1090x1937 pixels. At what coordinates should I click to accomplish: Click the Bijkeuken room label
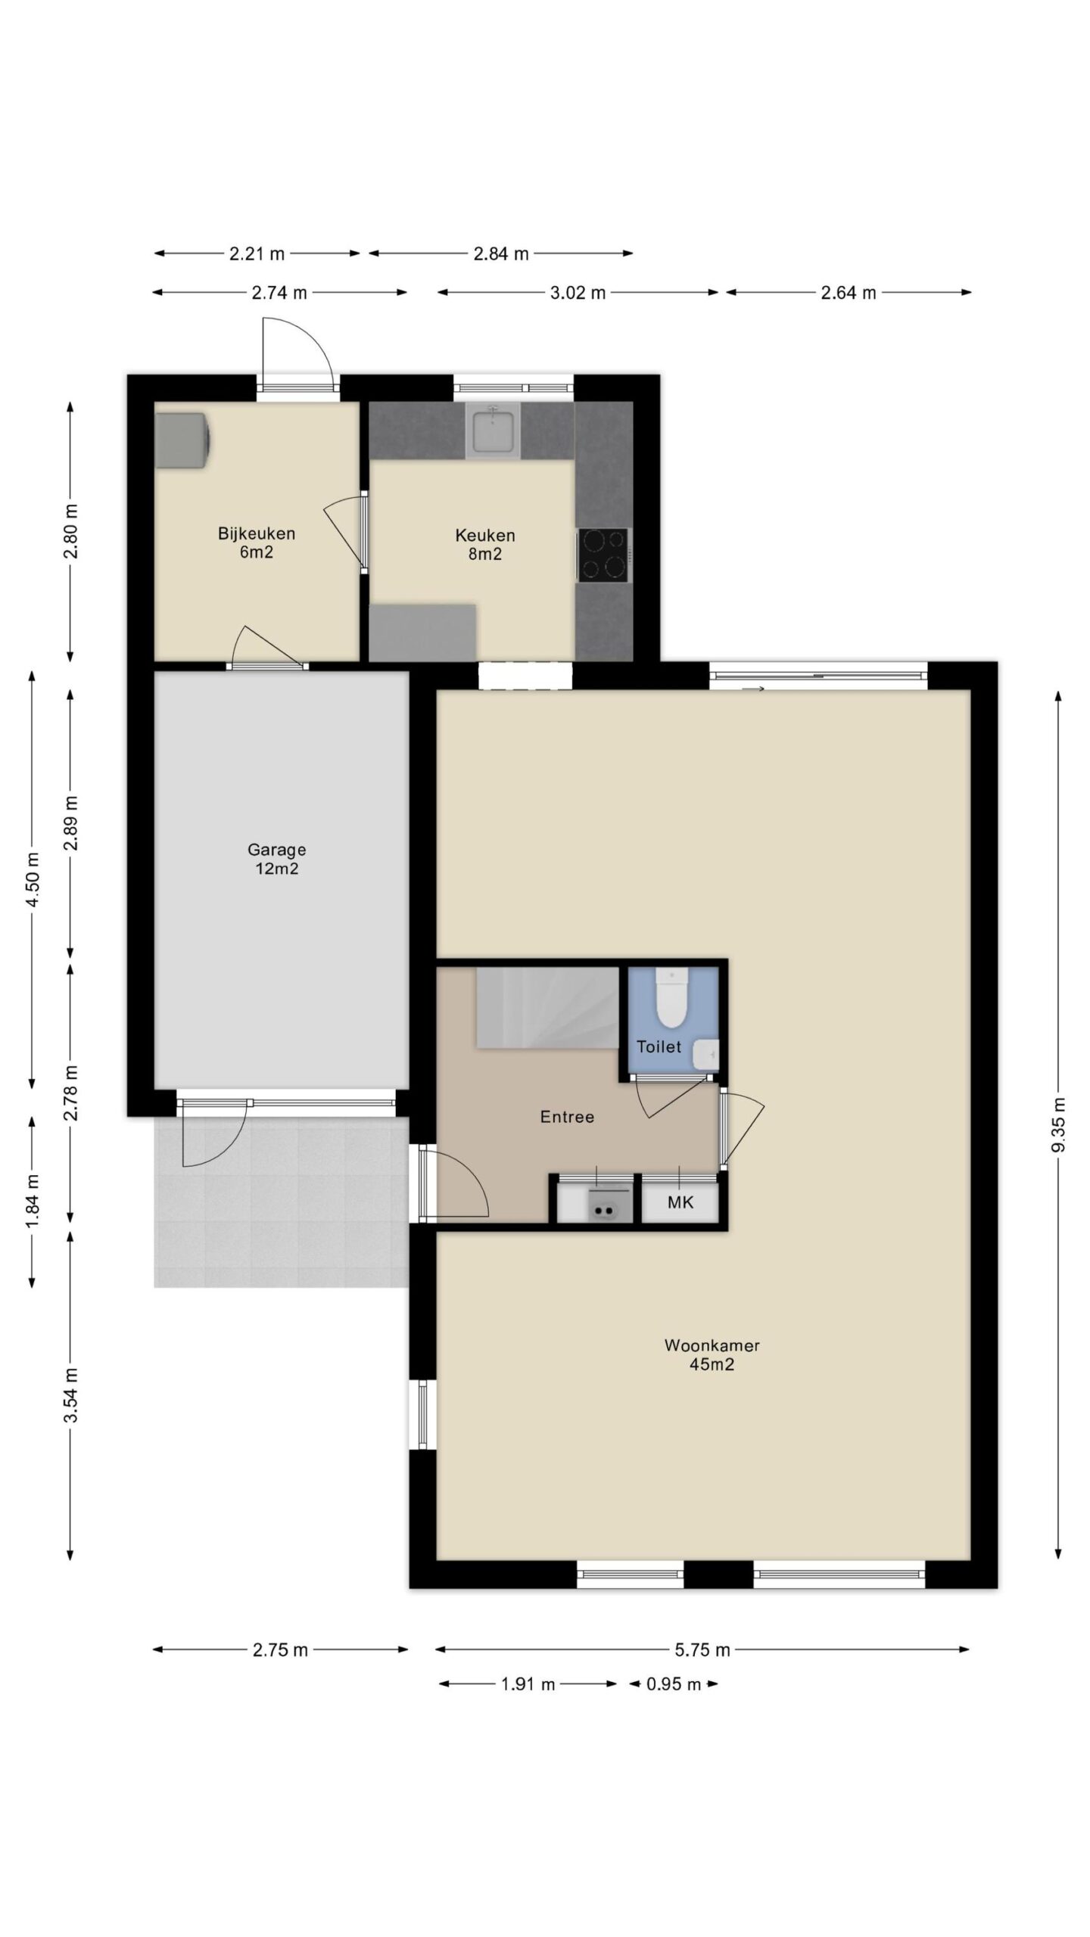coord(257,543)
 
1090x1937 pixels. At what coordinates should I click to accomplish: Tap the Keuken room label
coord(485,544)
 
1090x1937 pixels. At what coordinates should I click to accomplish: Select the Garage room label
coord(276,859)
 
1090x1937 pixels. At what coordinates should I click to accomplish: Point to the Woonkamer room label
coord(712,1354)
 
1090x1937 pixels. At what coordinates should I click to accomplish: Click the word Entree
coord(567,1116)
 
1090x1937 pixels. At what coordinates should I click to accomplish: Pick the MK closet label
coord(680,1202)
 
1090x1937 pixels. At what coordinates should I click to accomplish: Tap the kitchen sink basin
coord(493,429)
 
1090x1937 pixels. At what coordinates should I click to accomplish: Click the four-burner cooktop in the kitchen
coord(603,555)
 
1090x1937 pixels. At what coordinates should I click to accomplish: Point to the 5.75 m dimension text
coord(702,1649)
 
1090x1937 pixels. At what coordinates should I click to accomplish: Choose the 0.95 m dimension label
coord(673,1684)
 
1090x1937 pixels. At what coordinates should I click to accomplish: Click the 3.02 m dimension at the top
coord(578,293)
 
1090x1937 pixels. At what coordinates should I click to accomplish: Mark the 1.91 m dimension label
coord(528,1684)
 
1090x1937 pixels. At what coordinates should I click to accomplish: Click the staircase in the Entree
coord(547,1007)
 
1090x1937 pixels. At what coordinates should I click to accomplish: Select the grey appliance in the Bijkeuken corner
coord(182,440)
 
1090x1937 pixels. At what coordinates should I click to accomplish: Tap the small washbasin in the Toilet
coord(706,1052)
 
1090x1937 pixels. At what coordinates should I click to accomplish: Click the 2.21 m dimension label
coord(257,253)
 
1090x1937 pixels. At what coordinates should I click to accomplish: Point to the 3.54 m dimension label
coord(71,1395)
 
